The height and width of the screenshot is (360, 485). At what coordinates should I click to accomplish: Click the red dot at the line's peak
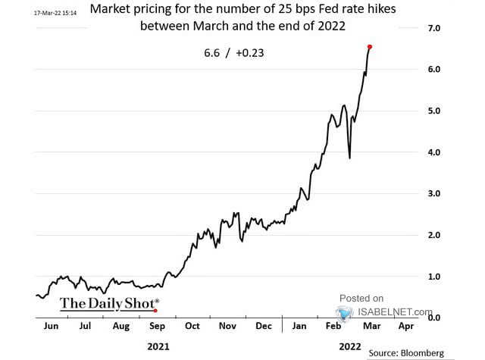[369, 46]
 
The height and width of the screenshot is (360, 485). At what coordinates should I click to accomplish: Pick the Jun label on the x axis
[51, 327]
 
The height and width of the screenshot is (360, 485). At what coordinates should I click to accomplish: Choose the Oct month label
[192, 327]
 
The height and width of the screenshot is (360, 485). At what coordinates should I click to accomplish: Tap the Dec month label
[263, 327]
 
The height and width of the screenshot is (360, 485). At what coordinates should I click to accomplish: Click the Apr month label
[405, 327]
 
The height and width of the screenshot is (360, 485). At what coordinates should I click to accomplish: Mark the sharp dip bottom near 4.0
[349, 158]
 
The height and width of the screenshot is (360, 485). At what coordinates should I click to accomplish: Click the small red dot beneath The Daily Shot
[155, 310]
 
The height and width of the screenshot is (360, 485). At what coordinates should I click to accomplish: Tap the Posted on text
[361, 298]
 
